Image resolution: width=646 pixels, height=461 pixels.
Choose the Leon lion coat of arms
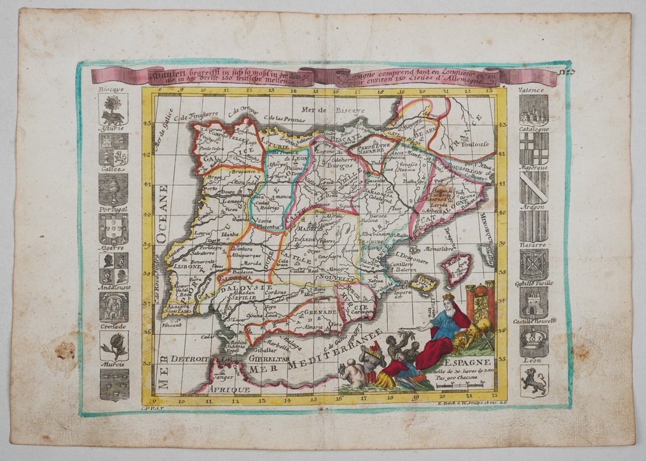pyautogui.click(x=533, y=380)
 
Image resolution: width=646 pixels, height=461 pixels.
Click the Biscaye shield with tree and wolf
pyautogui.click(x=114, y=110)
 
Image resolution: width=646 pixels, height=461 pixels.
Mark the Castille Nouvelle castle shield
pyautogui.click(x=533, y=303)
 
